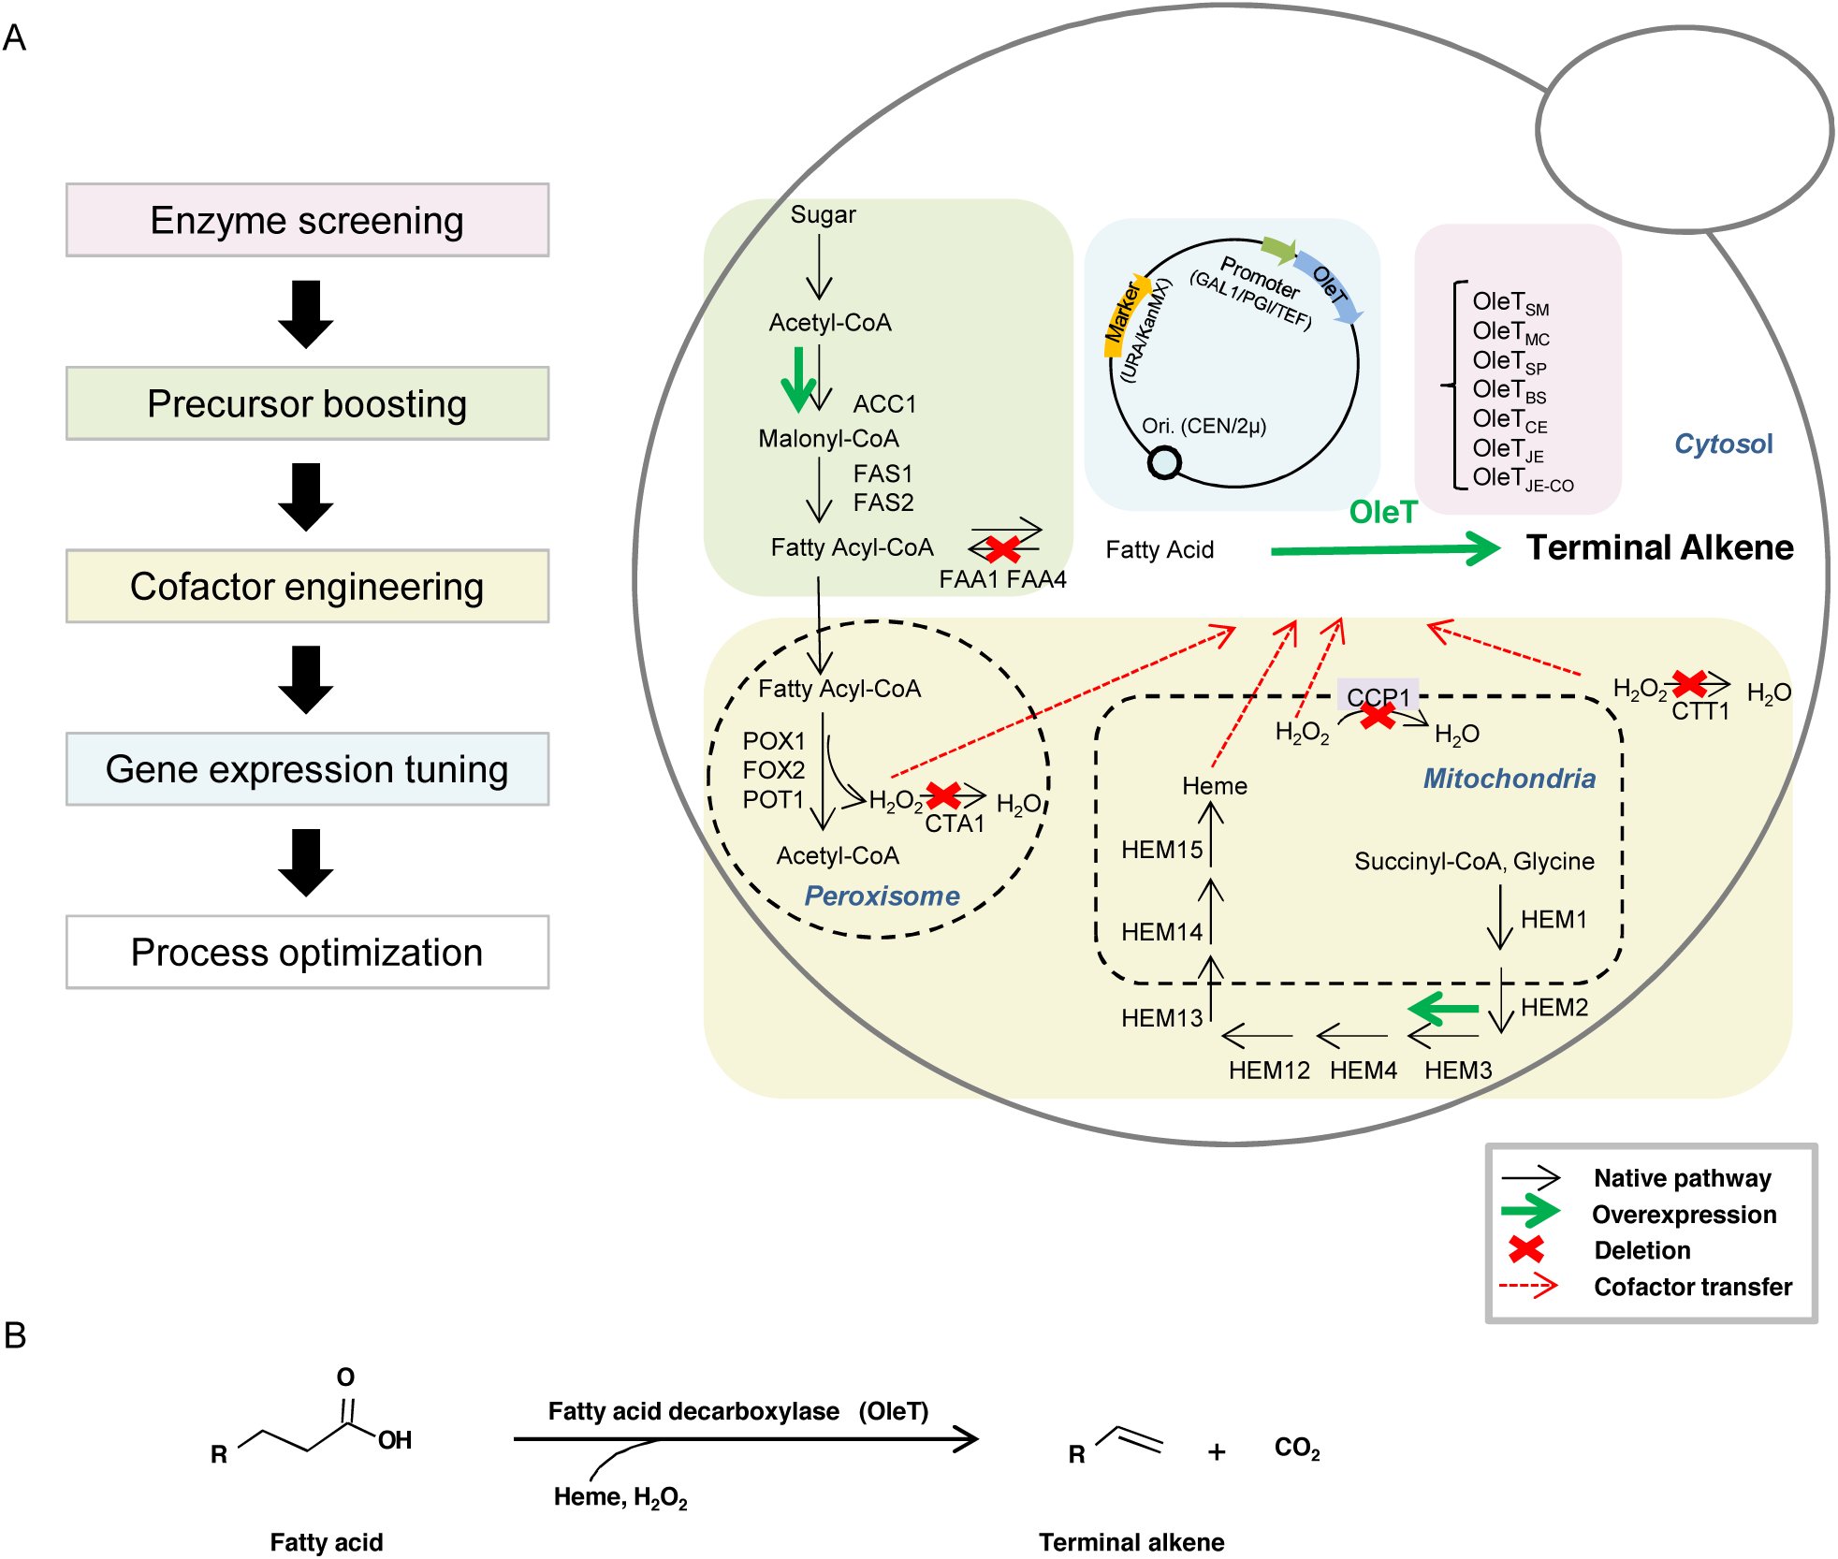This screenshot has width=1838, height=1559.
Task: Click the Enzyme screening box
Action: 307,220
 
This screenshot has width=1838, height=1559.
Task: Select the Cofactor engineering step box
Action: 307,586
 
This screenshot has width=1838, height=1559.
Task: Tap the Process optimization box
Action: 307,952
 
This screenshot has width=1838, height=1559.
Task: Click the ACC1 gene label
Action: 884,404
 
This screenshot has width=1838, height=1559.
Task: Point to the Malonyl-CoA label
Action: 828,438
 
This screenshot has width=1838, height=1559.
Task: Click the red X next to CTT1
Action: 1689,683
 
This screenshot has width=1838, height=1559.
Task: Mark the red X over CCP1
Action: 1377,715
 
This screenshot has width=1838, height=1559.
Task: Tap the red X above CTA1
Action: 943,795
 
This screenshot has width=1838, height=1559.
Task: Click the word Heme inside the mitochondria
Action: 1215,785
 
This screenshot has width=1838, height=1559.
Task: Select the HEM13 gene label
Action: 1161,1017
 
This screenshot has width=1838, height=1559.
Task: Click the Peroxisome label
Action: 882,896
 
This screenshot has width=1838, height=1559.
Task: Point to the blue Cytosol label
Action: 1723,444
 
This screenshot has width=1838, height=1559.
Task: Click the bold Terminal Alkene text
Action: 1659,547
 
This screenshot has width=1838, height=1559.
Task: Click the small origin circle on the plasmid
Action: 1164,461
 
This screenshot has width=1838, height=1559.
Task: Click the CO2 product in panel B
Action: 1297,1449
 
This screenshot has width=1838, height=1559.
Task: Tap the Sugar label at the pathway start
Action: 823,214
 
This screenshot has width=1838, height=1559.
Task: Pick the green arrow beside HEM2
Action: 1443,1009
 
